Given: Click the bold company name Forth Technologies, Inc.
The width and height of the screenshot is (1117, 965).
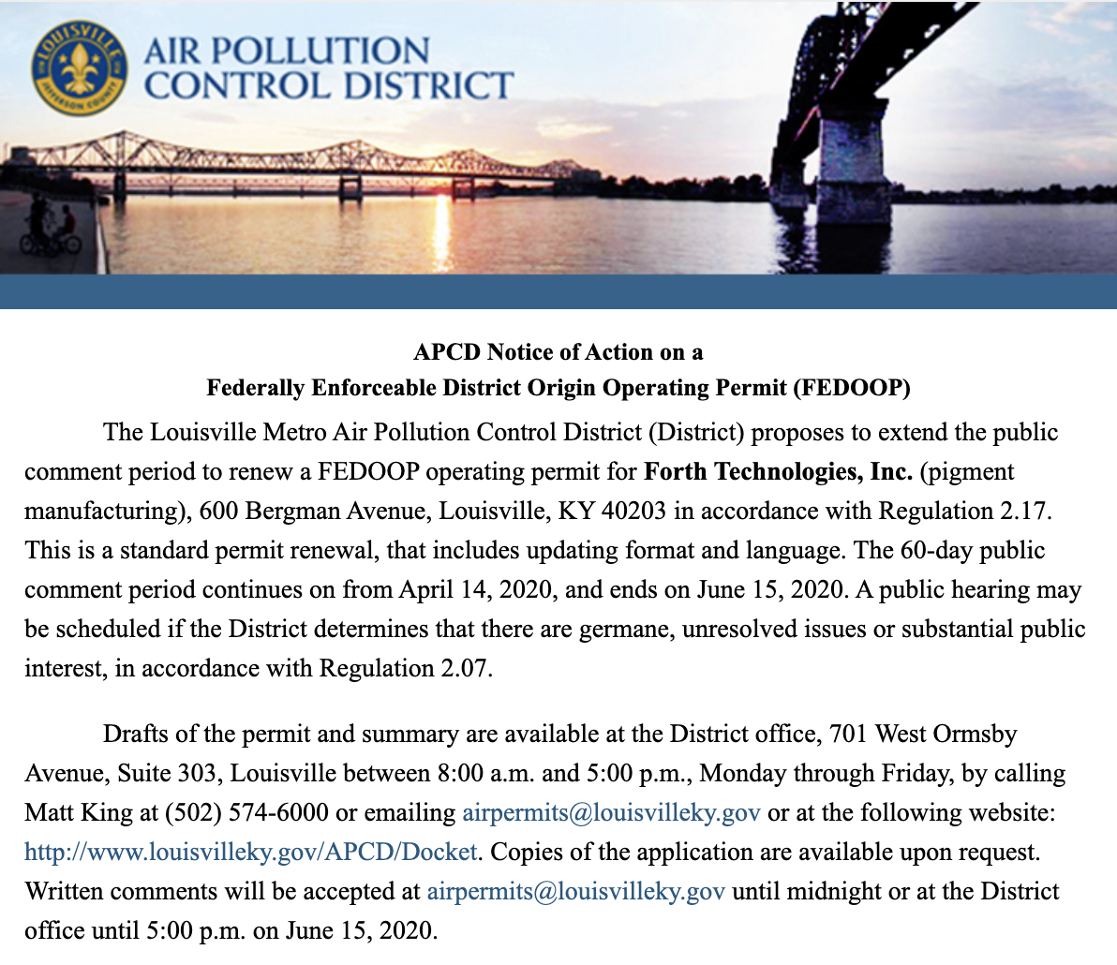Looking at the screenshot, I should pyautogui.click(x=778, y=471).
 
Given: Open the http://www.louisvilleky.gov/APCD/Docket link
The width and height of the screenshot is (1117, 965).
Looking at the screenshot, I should pyautogui.click(x=251, y=852).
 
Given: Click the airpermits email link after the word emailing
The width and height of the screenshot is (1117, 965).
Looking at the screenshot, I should pyautogui.click(x=611, y=812).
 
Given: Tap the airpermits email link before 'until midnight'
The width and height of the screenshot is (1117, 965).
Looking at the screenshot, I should pyautogui.click(x=575, y=891).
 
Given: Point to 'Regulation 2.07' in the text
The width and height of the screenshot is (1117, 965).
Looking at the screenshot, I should pyautogui.click(x=405, y=669).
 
